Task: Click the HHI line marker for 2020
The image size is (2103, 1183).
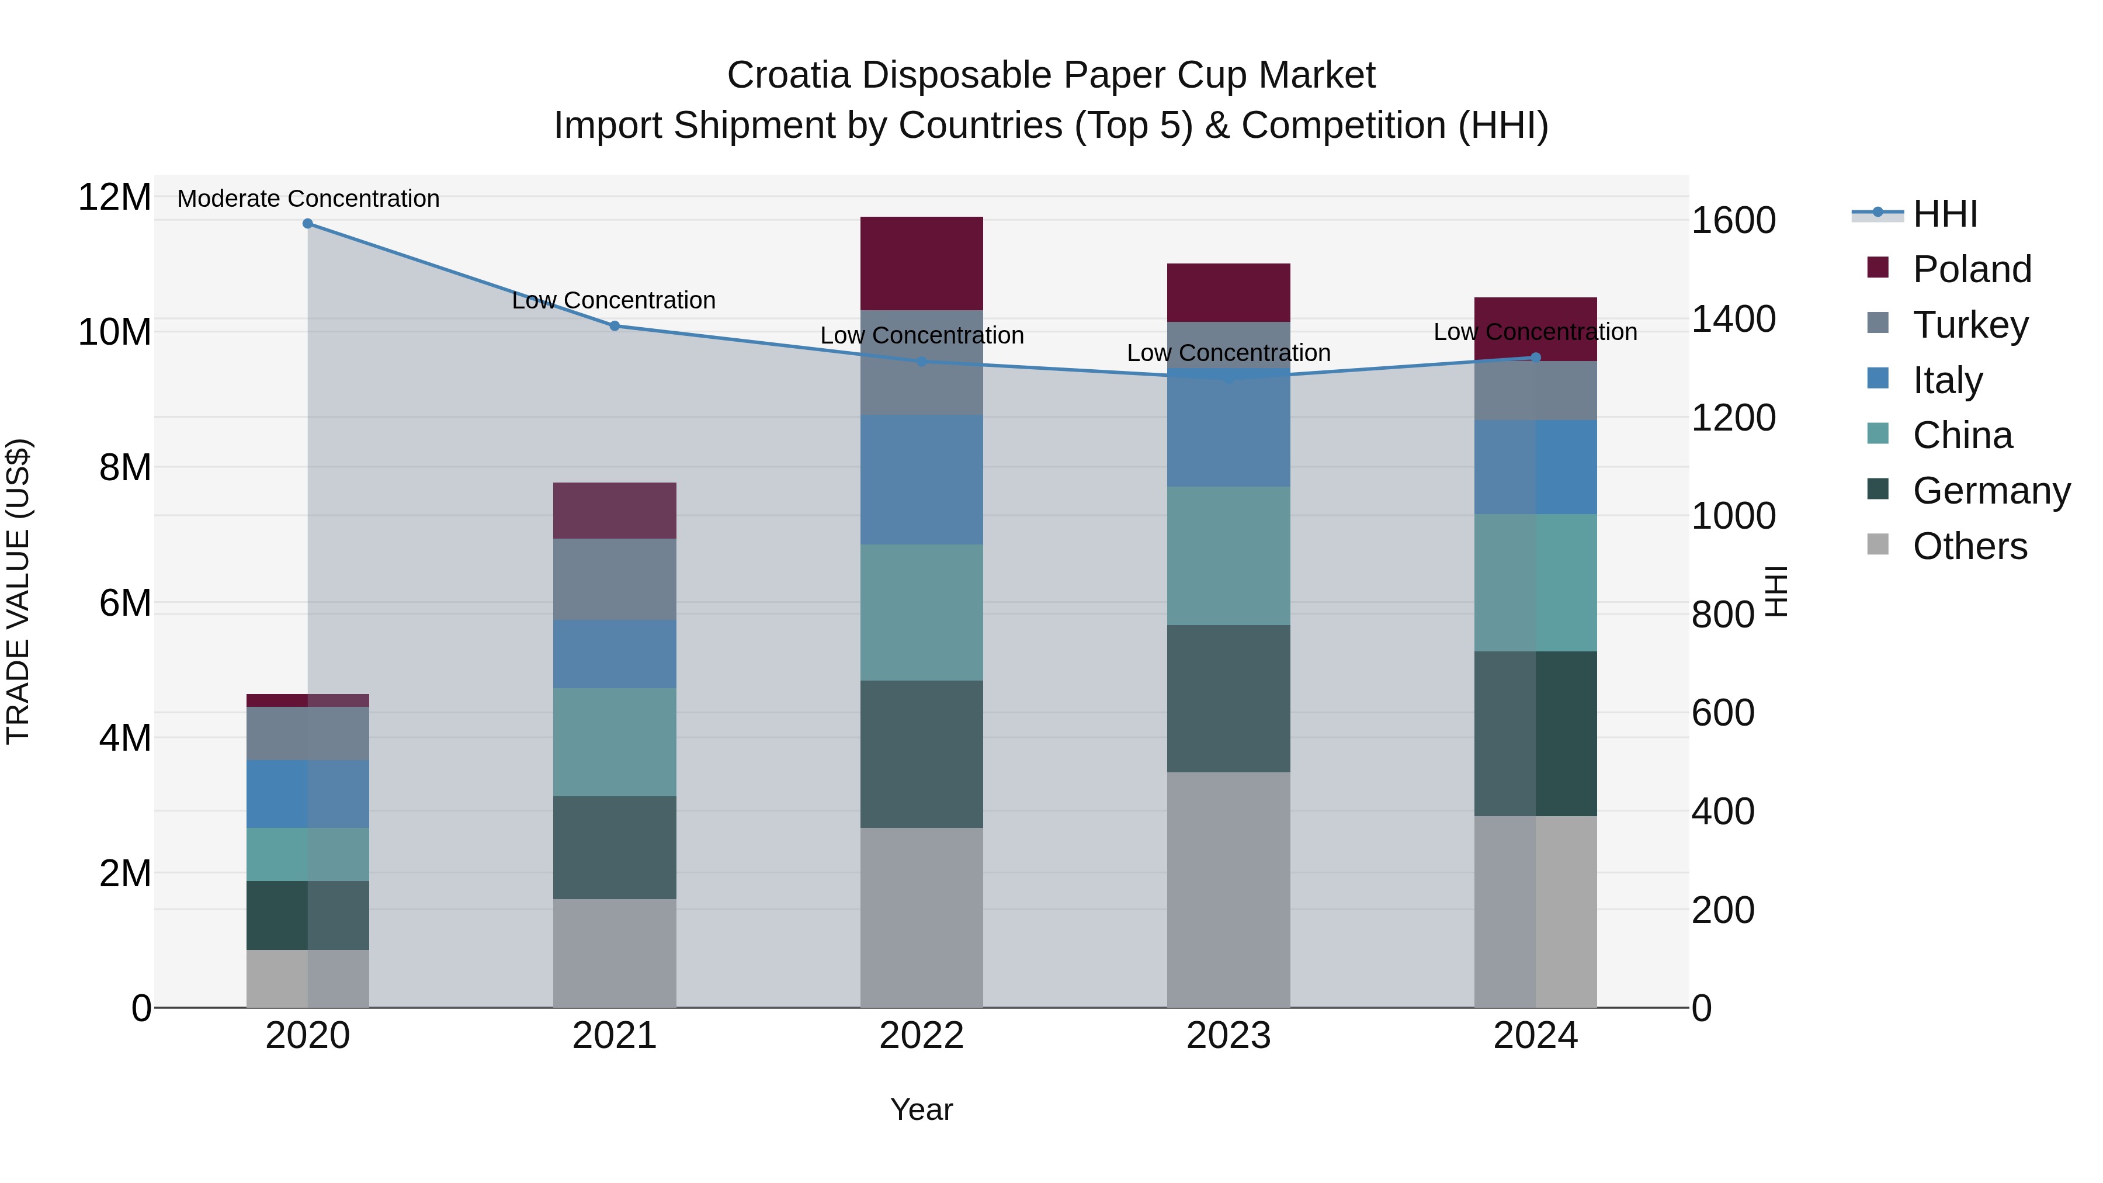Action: pyautogui.click(x=308, y=224)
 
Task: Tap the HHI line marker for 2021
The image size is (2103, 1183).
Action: pyautogui.click(x=615, y=326)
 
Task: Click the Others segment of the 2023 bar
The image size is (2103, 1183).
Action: pyautogui.click(x=1228, y=889)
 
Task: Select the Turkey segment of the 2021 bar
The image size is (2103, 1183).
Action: pyautogui.click(x=615, y=579)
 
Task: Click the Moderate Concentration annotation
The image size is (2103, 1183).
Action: pyautogui.click(x=308, y=199)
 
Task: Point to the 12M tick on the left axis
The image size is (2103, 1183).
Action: pyautogui.click(x=114, y=197)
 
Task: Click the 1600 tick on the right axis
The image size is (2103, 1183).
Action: pyautogui.click(x=1733, y=220)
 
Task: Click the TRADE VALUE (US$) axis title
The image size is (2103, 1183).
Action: pyautogui.click(x=18, y=591)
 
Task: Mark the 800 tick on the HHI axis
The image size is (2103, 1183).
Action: pyautogui.click(x=1723, y=614)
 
